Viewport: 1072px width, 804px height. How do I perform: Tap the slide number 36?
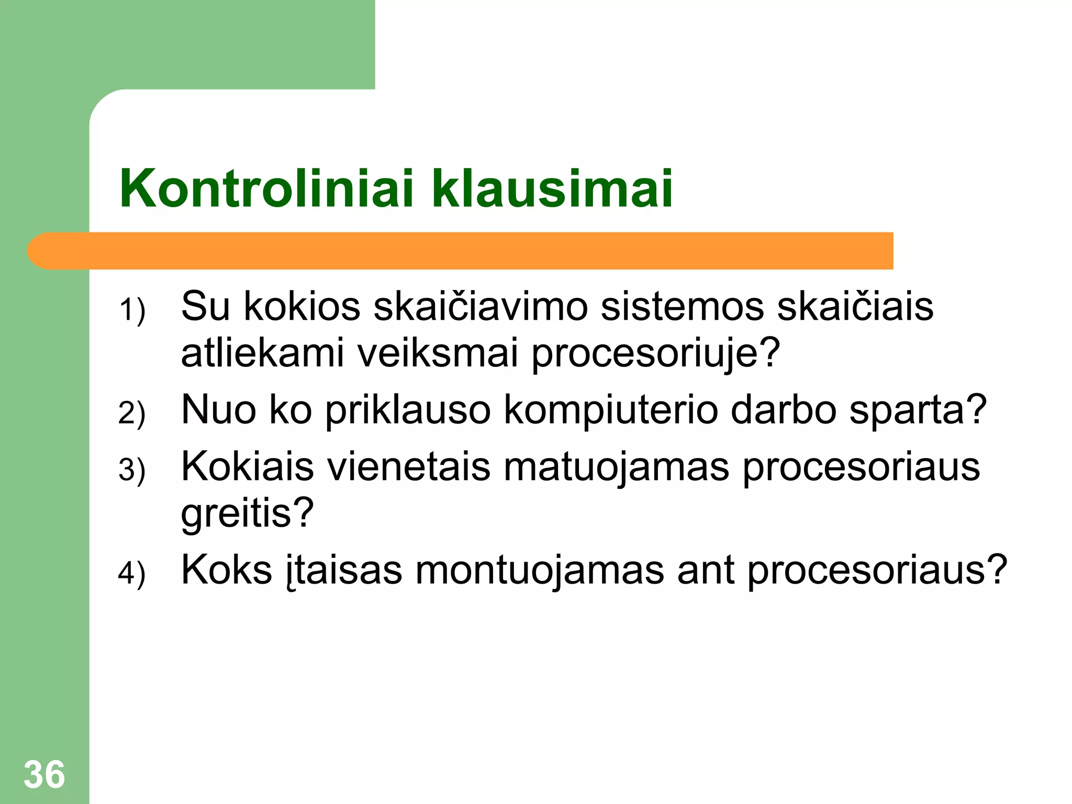click(44, 775)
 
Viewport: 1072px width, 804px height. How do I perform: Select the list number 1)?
click(132, 310)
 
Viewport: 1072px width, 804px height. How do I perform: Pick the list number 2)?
click(132, 413)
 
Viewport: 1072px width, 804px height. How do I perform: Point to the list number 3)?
click(132, 470)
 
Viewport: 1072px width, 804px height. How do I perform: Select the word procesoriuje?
click(656, 353)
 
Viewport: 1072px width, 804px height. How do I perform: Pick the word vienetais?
click(409, 466)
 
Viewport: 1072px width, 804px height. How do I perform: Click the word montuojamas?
click(540, 570)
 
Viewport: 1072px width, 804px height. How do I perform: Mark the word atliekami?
click(262, 353)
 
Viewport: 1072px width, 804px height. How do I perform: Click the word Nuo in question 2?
click(219, 410)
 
